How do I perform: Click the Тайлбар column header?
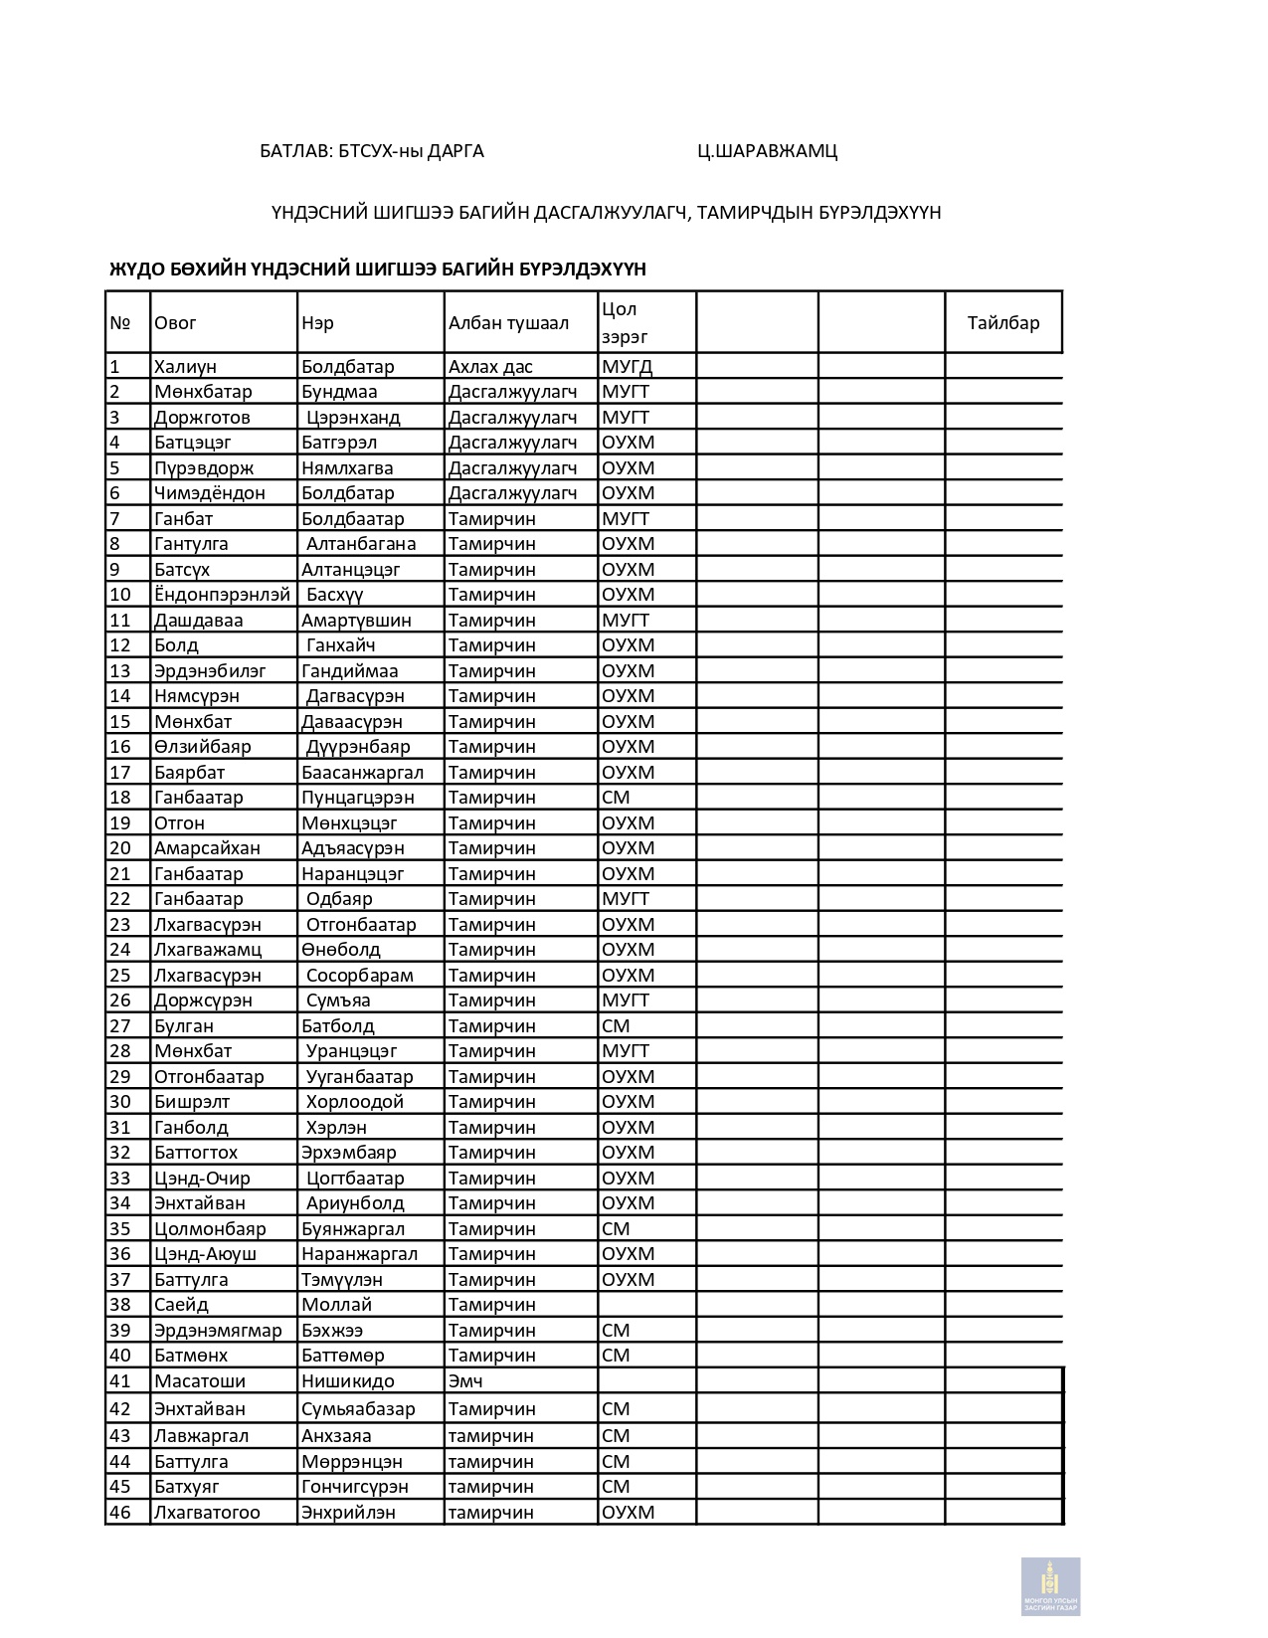pos(1002,323)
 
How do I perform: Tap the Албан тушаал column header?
pos(508,323)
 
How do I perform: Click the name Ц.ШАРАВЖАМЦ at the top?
pos(767,151)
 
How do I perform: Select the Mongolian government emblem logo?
pos(1050,1585)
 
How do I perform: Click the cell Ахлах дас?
pos(490,367)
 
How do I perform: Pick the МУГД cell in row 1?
pos(627,367)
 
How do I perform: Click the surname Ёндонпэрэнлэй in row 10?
pos(222,595)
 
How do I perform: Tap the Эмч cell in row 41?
pos(465,1381)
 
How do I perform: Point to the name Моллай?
pos(336,1305)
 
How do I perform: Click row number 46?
pos(120,1513)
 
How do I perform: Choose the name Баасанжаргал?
pos(362,773)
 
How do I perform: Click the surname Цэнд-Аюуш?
pos(205,1254)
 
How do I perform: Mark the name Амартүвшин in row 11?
pos(356,621)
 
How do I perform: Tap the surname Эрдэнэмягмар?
pos(218,1331)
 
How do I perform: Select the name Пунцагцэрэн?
pos(358,798)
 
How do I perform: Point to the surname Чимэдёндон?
pos(210,493)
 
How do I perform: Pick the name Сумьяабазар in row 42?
pos(358,1409)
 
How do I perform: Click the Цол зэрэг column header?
pos(625,323)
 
